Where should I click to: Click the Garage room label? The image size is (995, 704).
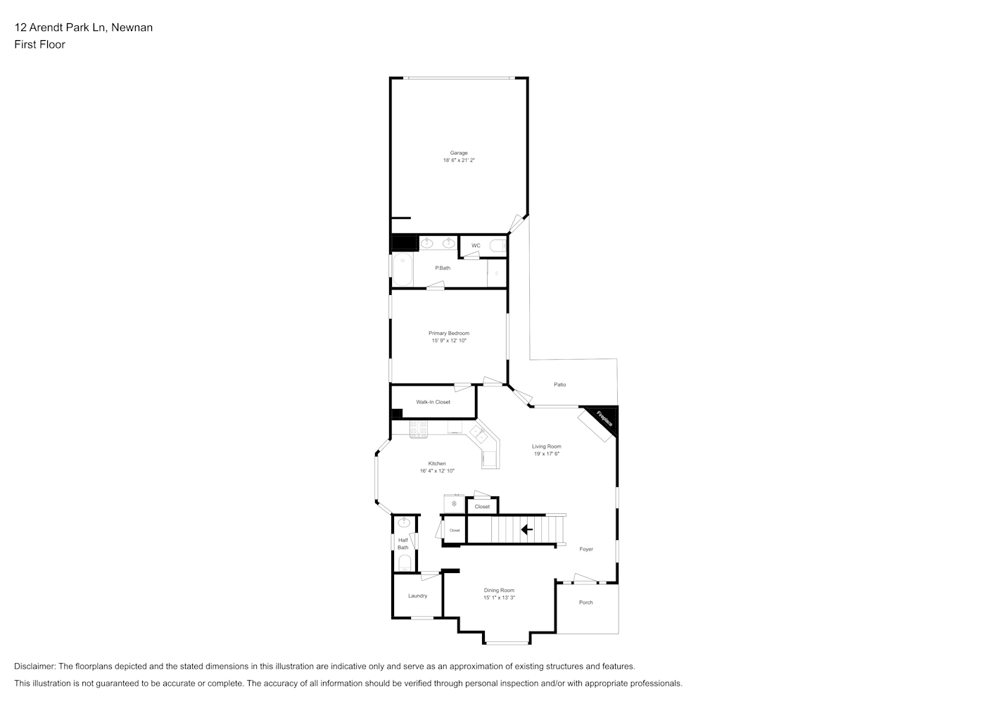click(x=458, y=153)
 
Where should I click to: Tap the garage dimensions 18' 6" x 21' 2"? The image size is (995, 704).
click(x=458, y=161)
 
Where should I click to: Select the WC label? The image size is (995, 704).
click(x=476, y=246)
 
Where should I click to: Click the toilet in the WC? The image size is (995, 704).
click(x=498, y=246)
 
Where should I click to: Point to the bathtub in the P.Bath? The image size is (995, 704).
click(x=403, y=270)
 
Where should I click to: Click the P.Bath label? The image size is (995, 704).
click(x=443, y=268)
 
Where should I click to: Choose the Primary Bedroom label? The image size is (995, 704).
click(x=449, y=333)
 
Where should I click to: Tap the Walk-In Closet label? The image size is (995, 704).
click(x=433, y=402)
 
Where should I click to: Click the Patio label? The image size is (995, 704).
click(x=559, y=384)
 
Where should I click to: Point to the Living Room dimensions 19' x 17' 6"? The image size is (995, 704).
click(x=546, y=454)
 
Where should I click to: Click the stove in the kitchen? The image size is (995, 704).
click(x=419, y=429)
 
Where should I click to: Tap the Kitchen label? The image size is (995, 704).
click(x=437, y=463)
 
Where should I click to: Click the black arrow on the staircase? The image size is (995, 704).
click(x=527, y=530)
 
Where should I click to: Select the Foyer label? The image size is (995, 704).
click(x=586, y=549)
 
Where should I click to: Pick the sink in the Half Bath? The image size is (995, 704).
click(x=403, y=522)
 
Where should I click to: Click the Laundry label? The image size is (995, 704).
click(x=417, y=596)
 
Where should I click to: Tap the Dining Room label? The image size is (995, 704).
click(x=499, y=591)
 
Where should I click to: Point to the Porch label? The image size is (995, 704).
click(x=586, y=603)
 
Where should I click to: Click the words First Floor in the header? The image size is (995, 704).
click(x=39, y=44)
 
